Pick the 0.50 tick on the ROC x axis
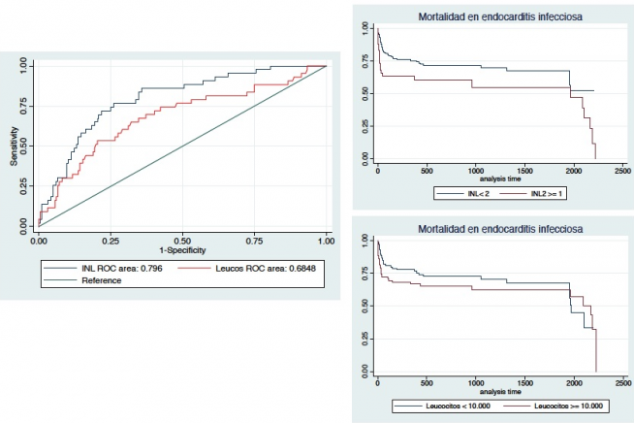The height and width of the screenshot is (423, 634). [x=182, y=238]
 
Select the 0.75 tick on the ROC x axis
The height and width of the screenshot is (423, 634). [x=254, y=238]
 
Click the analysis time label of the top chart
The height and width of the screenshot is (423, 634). [x=498, y=179]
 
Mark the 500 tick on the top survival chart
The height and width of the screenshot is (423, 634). [x=426, y=171]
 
